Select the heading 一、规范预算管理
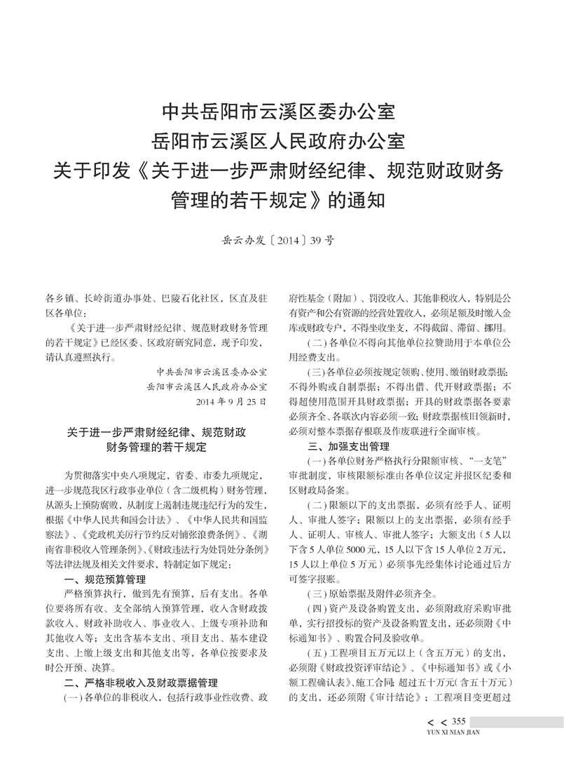point(104,579)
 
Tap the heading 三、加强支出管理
point(350,446)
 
